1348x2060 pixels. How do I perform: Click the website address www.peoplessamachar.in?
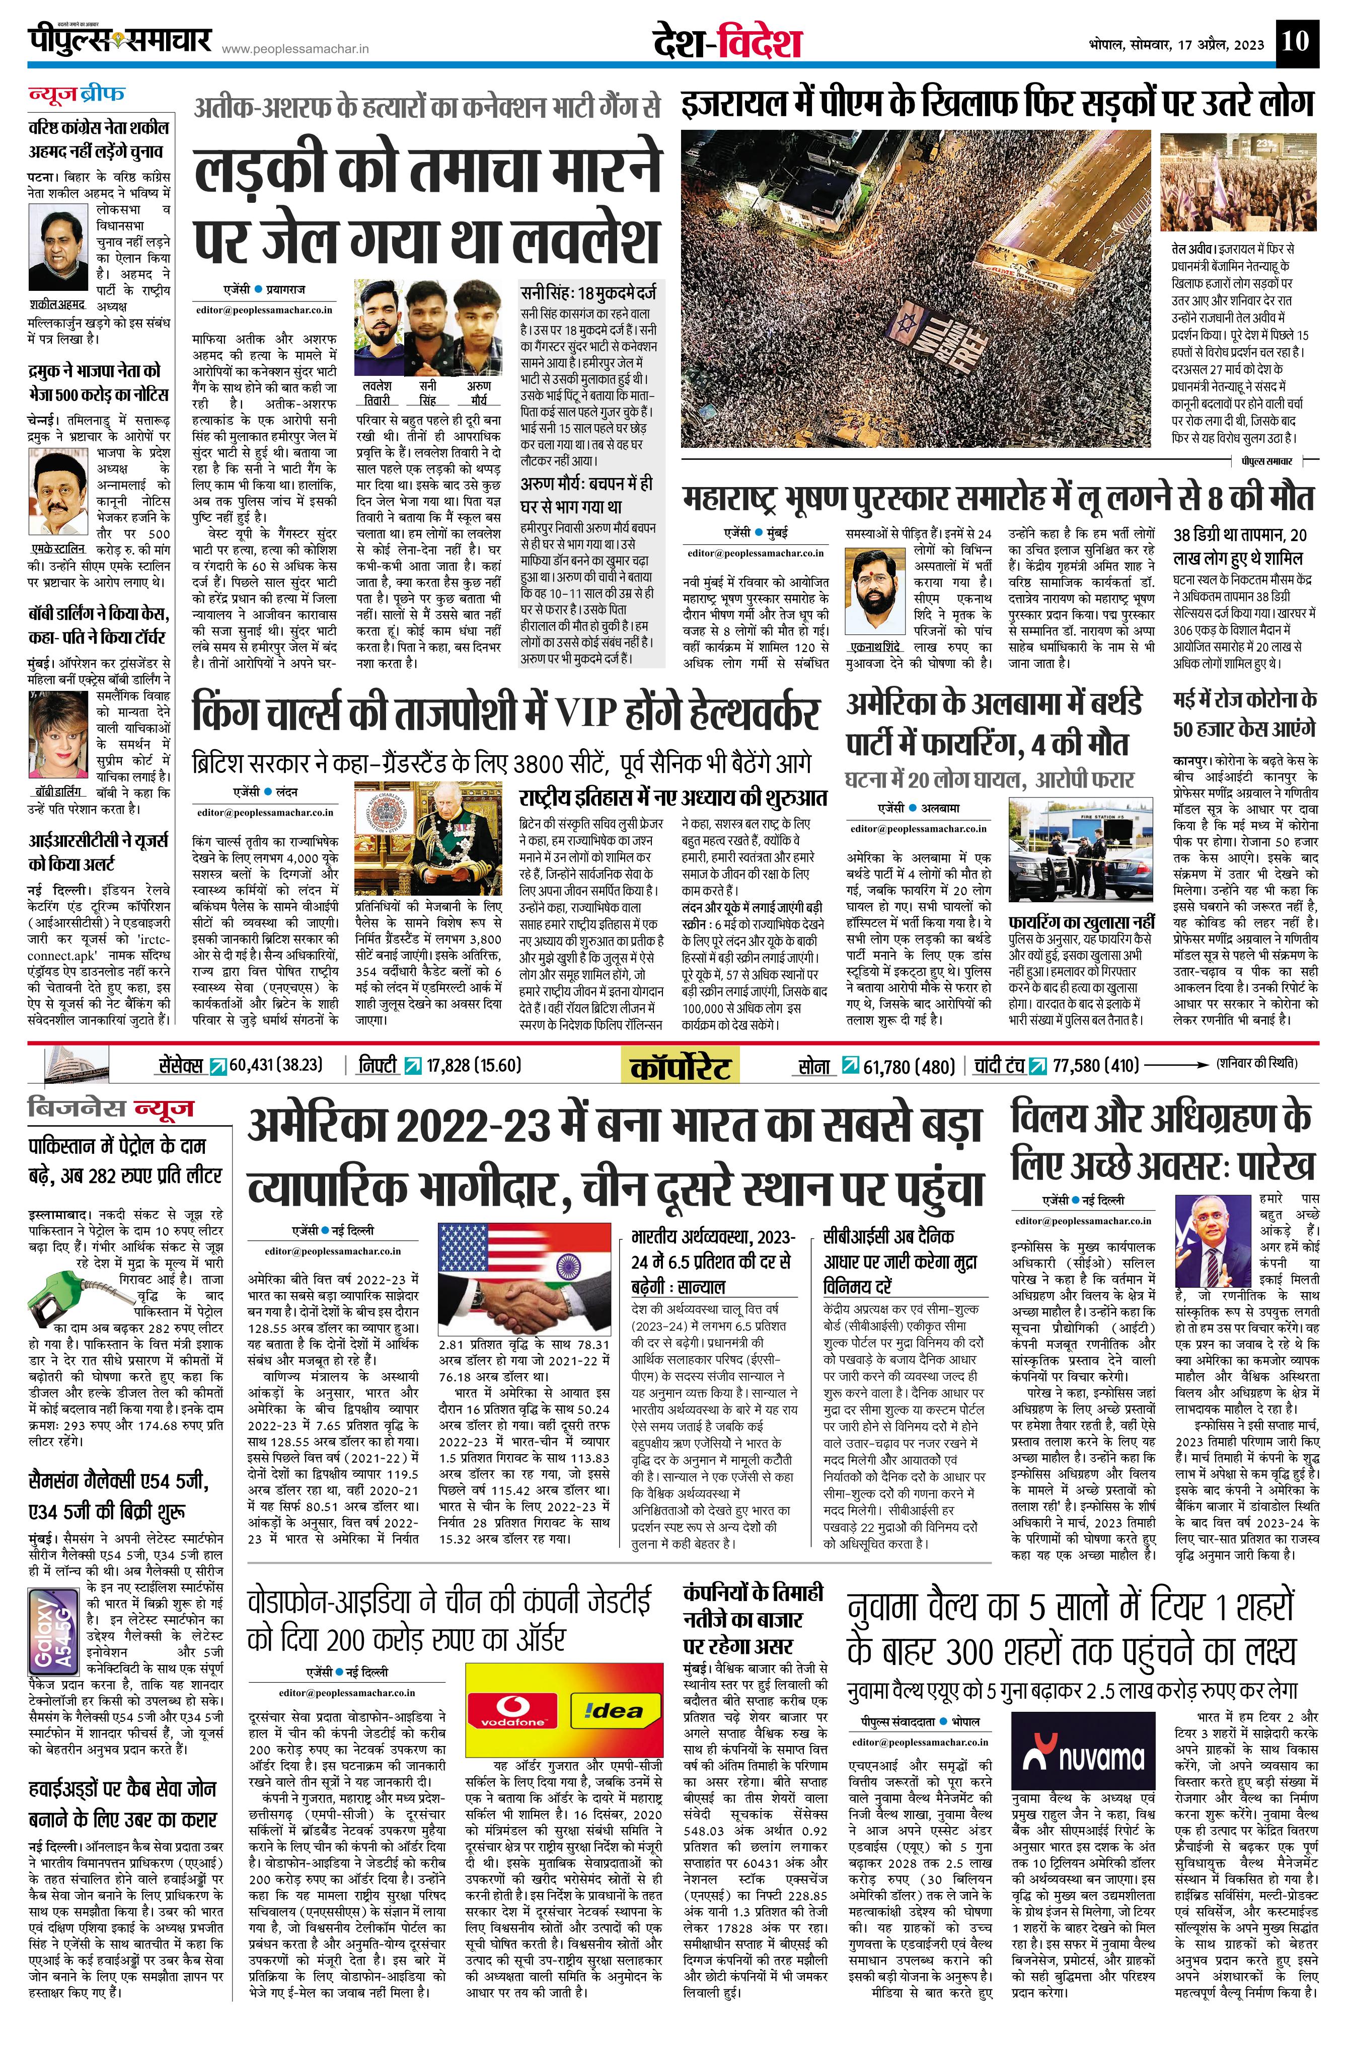coord(295,49)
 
